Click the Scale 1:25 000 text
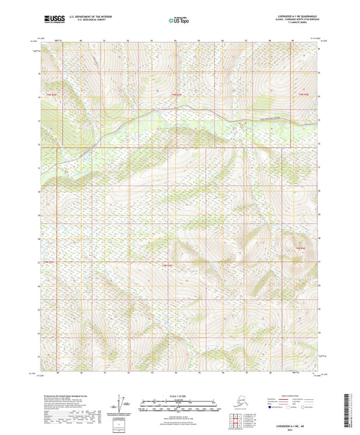pos(179,396)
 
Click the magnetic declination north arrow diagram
pos(123,404)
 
